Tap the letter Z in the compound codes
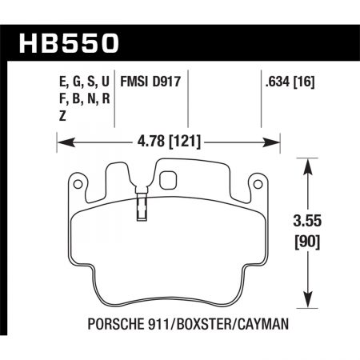click(63, 114)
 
